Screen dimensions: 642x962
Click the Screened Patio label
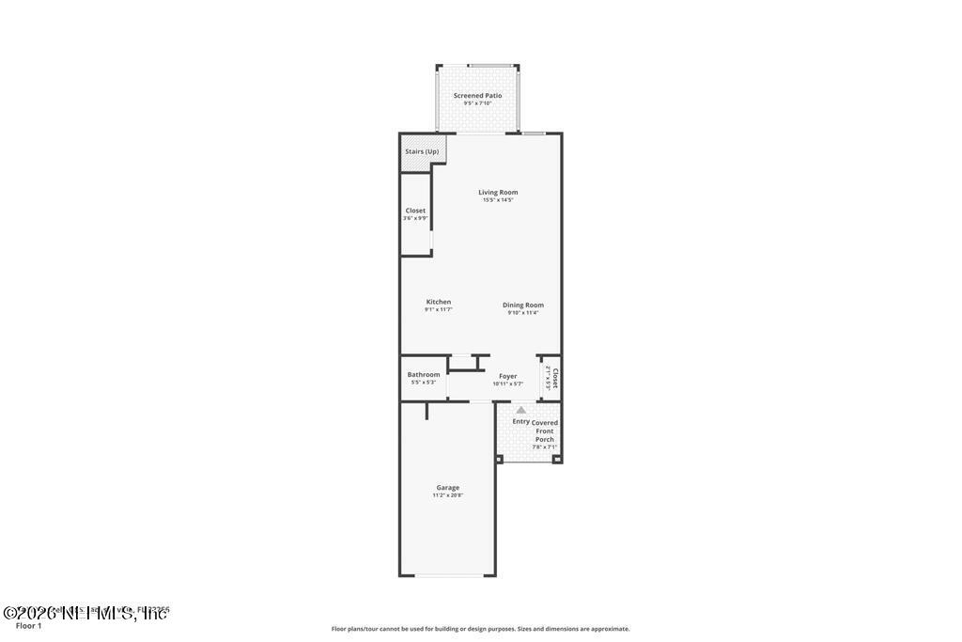click(x=477, y=95)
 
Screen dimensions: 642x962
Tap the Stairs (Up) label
click(x=422, y=151)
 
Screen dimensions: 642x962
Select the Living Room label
click(x=498, y=193)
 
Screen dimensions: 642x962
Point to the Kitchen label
click(x=439, y=302)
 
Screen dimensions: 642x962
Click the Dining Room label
click(x=523, y=305)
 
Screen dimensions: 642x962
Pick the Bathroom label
click(x=424, y=374)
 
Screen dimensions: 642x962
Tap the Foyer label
click(x=507, y=376)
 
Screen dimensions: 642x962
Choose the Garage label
click(x=448, y=488)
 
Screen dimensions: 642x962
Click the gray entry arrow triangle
click(x=521, y=410)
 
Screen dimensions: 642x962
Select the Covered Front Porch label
click(x=545, y=431)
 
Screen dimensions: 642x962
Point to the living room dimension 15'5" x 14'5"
click(x=498, y=200)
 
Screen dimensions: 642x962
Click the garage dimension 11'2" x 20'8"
click(x=448, y=495)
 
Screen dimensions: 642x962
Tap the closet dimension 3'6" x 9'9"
click(x=415, y=218)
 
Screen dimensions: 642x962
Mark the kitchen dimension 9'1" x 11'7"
click(x=439, y=309)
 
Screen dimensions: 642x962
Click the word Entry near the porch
click(x=520, y=421)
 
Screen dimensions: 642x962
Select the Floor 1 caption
click(x=29, y=626)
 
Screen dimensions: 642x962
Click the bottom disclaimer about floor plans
click(x=480, y=629)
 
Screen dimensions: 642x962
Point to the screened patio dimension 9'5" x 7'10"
click(x=477, y=103)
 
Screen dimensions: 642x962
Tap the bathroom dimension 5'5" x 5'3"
click(x=424, y=383)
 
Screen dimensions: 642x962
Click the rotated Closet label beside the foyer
click(x=555, y=378)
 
